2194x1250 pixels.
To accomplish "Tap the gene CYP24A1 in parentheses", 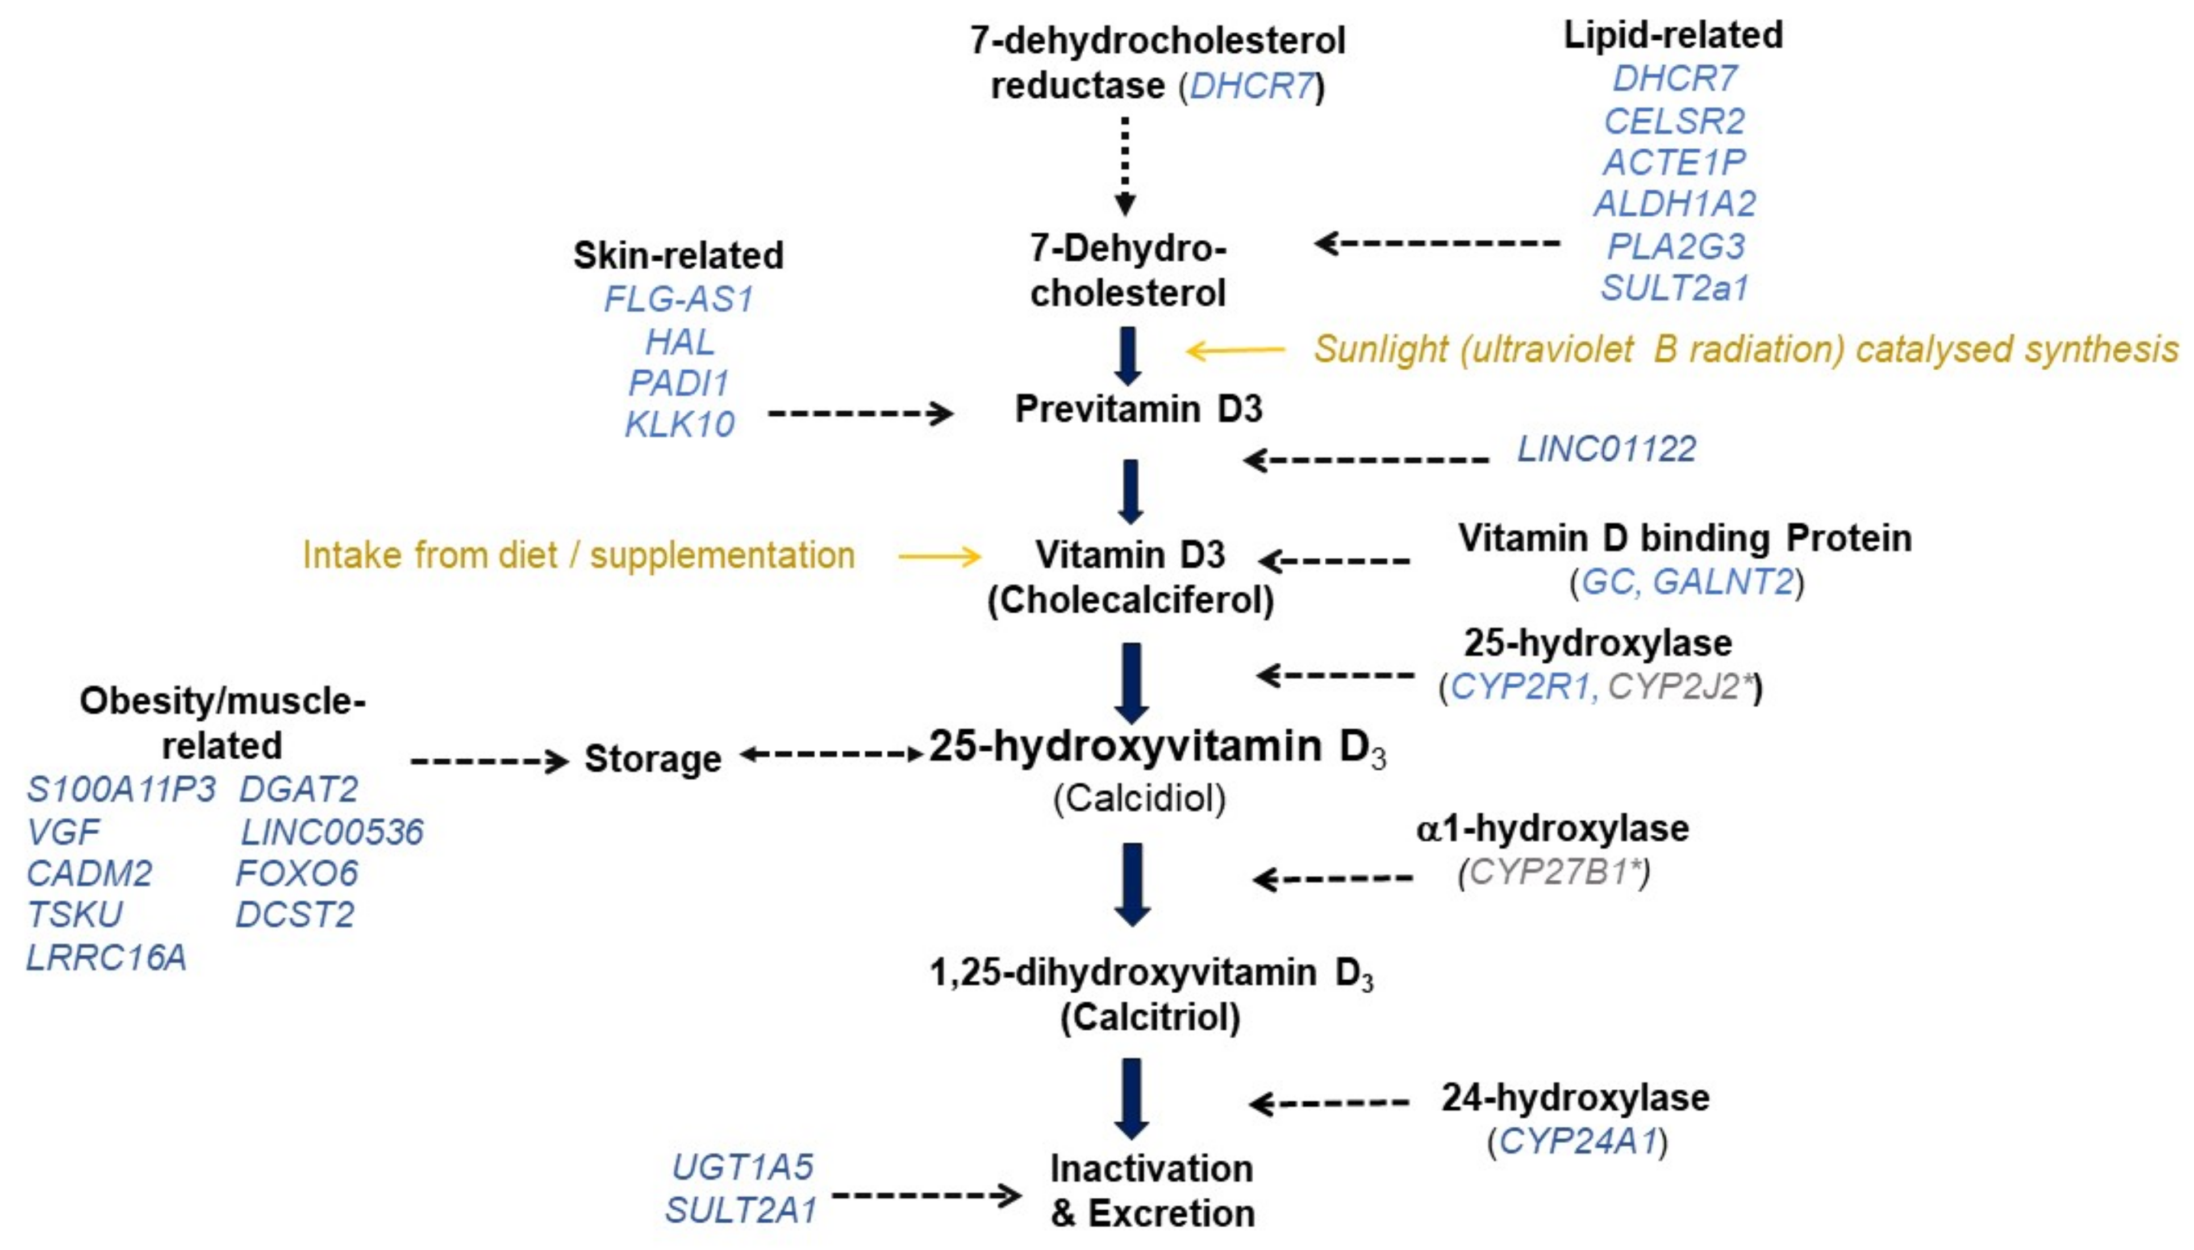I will pyautogui.click(x=1578, y=1141).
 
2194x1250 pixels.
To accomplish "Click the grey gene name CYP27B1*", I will pyautogui.click(x=1555, y=872).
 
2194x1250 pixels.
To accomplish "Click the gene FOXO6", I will pyautogui.click(x=296, y=873).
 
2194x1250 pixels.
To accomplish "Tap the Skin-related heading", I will pyautogui.click(x=678, y=255).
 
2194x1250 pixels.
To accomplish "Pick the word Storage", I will pyautogui.click(x=653, y=759).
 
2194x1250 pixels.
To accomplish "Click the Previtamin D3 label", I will pyautogui.click(x=1138, y=409).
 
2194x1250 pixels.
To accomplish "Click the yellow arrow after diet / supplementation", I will pyautogui.click(x=939, y=557).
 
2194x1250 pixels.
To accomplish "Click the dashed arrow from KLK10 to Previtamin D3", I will pyautogui.click(x=860, y=414).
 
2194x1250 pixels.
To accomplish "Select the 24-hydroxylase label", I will pyautogui.click(x=1575, y=1097).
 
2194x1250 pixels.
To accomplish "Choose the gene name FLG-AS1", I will pyautogui.click(x=678, y=299).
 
